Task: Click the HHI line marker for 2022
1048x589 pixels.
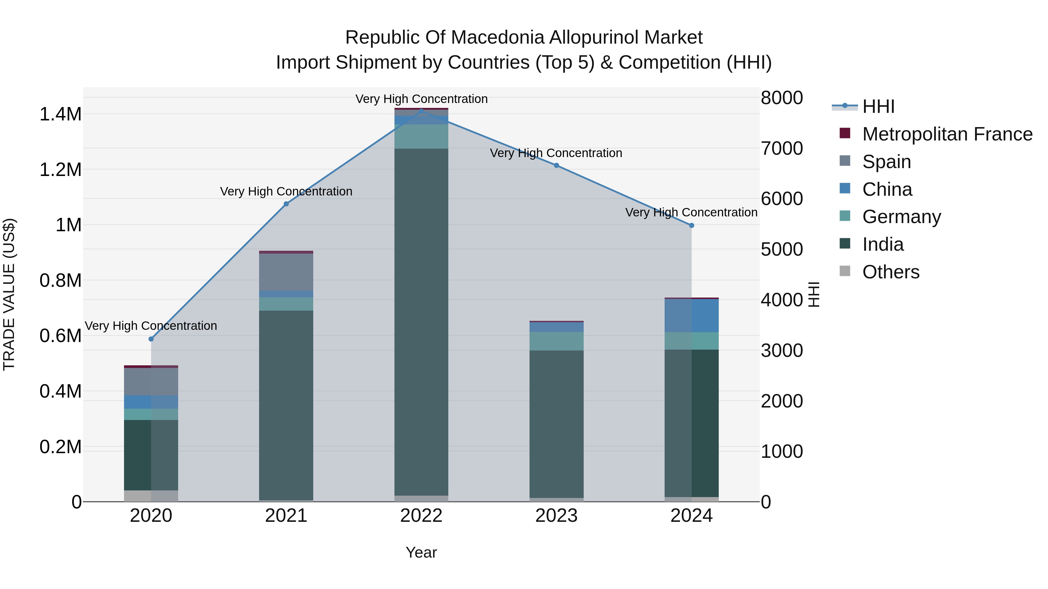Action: point(421,111)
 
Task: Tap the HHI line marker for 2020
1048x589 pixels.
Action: point(151,339)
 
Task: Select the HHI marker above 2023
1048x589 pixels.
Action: point(556,166)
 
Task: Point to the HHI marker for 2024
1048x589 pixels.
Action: point(691,226)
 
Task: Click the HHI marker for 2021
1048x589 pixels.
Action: point(286,204)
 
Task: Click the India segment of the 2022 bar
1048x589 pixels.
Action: point(421,321)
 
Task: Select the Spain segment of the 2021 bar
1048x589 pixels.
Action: point(286,272)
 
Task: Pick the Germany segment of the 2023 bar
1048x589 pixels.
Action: point(556,341)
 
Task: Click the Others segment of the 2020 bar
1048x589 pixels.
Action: point(151,496)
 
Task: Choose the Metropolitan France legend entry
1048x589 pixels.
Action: point(947,134)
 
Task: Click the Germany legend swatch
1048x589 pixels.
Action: point(845,216)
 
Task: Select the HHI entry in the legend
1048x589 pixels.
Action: point(878,106)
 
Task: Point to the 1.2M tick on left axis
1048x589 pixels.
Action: point(60,170)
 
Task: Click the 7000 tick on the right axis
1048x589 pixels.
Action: point(782,148)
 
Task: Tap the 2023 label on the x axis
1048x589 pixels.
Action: point(556,516)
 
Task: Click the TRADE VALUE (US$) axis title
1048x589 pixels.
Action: point(9,294)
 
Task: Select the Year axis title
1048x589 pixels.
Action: point(421,552)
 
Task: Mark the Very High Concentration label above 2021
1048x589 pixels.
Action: point(286,191)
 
